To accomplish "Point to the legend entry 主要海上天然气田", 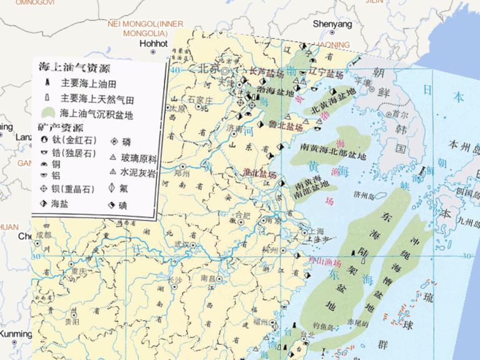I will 97,99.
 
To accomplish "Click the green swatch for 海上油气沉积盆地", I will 47,114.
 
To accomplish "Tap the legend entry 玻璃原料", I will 138,158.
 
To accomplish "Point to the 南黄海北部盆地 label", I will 333,148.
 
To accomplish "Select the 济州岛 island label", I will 364,194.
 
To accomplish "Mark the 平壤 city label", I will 364,81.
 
